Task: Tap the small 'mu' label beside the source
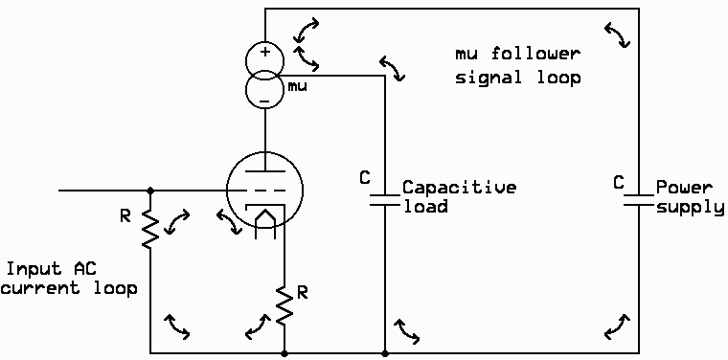(297, 87)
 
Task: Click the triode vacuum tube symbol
(264, 191)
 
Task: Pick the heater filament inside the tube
(265, 222)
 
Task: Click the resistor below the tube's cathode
(284, 305)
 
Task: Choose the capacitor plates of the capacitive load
(385, 195)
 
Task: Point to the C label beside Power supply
(620, 180)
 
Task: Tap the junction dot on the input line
(149, 191)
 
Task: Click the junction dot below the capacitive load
(385, 352)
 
